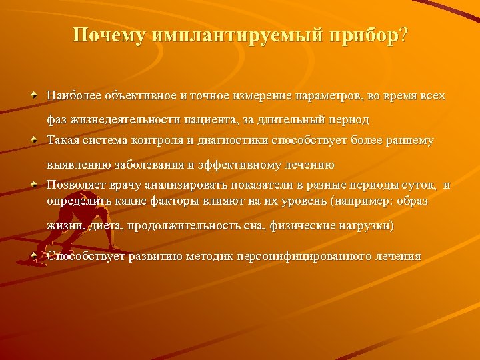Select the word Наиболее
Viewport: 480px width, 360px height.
coord(68,95)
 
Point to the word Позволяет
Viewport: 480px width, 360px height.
coord(72,185)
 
